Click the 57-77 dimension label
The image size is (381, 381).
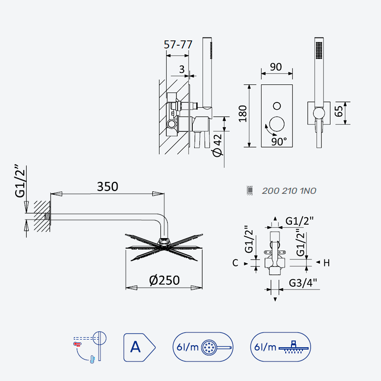pyautogui.click(x=178, y=44)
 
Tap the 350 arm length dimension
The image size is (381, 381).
pyautogui.click(x=108, y=187)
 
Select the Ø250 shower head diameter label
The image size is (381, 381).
pyautogui.click(x=164, y=280)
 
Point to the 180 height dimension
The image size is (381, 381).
pyautogui.click(x=243, y=114)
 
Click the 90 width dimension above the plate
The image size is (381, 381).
pyautogui.click(x=276, y=67)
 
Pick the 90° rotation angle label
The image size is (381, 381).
pyautogui.click(x=279, y=141)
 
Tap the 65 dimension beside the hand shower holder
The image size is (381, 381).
pyautogui.click(x=339, y=111)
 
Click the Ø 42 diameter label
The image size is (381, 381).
pyautogui.click(x=217, y=145)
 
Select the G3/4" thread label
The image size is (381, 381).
pyautogui.click(x=303, y=283)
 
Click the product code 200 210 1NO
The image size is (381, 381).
pyautogui.click(x=289, y=191)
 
